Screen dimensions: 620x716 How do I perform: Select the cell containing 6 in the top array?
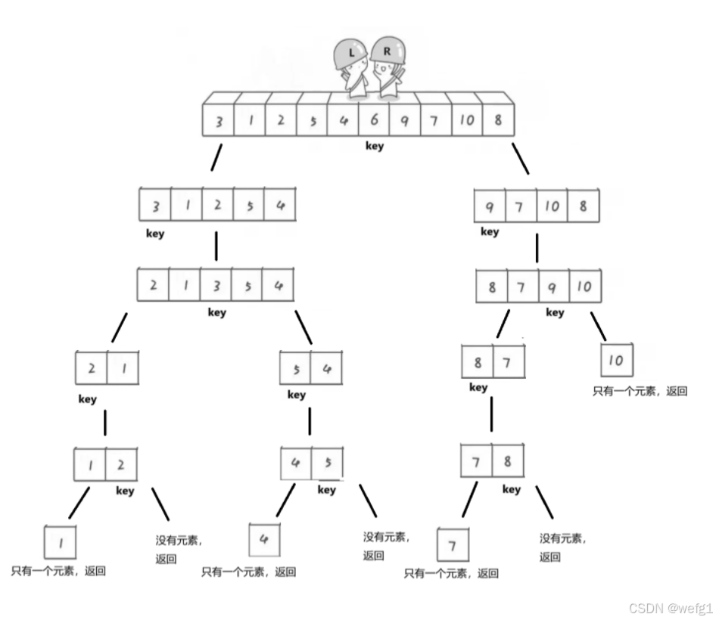[x=373, y=121]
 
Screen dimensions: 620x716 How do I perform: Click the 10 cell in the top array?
[x=466, y=121]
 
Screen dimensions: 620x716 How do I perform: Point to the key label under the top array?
[x=374, y=147]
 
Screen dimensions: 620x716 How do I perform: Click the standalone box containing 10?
[x=616, y=361]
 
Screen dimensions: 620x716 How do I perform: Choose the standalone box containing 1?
[x=61, y=542]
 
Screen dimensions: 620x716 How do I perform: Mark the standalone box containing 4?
[x=264, y=540]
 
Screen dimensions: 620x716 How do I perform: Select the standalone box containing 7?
[x=453, y=545]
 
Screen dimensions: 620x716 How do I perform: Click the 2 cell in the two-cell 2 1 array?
[x=92, y=368]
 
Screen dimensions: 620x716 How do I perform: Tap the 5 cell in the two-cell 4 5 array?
[x=327, y=462]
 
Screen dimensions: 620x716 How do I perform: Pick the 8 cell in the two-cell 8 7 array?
[x=478, y=362]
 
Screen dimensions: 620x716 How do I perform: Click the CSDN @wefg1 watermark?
[x=671, y=607]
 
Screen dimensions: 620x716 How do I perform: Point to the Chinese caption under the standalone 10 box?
[x=640, y=392]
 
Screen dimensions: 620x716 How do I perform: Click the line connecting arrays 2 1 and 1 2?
[x=105, y=423]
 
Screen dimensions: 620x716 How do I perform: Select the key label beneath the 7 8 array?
[x=512, y=490]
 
